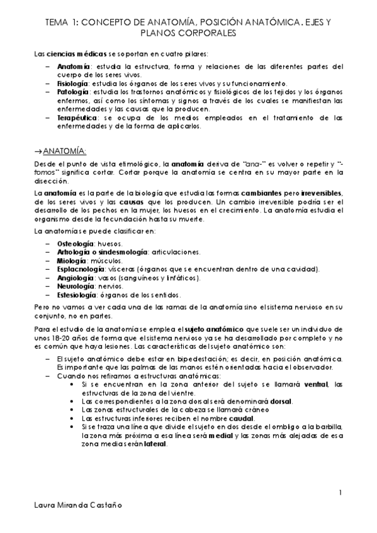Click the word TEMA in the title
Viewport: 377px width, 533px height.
pos(57,22)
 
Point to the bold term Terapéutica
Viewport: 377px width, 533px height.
pos(75,117)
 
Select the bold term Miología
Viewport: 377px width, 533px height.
pos(72,260)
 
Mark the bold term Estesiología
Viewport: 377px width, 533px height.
pos(77,295)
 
